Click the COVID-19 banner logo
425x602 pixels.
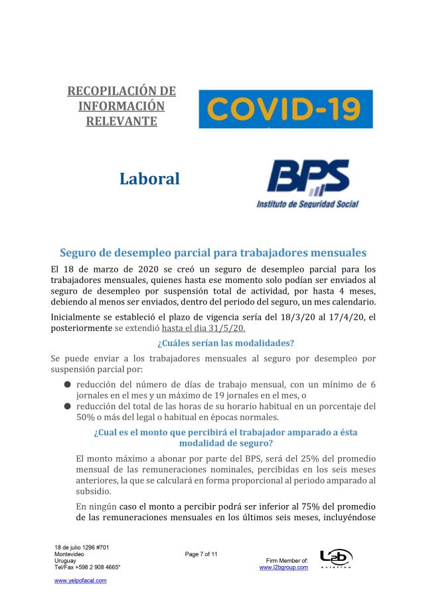[x=286, y=109]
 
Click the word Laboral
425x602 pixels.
[x=149, y=179]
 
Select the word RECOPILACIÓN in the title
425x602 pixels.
[x=122, y=90]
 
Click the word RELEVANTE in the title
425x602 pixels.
[x=122, y=121]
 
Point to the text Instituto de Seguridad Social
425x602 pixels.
[x=307, y=205]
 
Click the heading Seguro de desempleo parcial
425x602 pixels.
[x=212, y=252]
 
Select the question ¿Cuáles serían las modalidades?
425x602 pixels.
[x=225, y=343]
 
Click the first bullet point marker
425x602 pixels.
[x=67, y=385]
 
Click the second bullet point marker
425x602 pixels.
[x=67, y=406]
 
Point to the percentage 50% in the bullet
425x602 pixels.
[x=87, y=417]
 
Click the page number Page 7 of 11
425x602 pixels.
[x=201, y=553]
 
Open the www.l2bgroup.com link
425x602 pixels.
[x=284, y=567]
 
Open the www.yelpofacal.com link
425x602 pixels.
[x=80, y=580]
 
